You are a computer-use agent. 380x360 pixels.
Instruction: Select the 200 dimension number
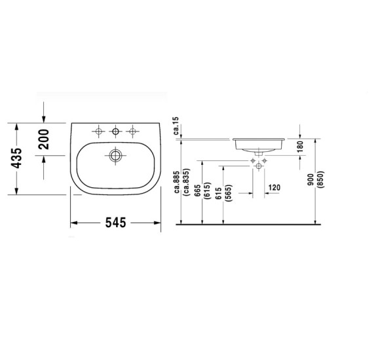(44, 139)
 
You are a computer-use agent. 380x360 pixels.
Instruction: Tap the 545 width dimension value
(115, 223)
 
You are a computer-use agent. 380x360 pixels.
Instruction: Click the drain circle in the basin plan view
(116, 156)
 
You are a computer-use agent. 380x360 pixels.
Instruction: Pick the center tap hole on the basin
(116, 133)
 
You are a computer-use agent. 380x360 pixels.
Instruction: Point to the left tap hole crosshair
(99, 133)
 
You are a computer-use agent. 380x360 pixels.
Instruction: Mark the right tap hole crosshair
(133, 133)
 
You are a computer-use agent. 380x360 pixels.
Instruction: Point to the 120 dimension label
(274, 188)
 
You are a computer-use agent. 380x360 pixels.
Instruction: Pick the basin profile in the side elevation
(258, 143)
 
